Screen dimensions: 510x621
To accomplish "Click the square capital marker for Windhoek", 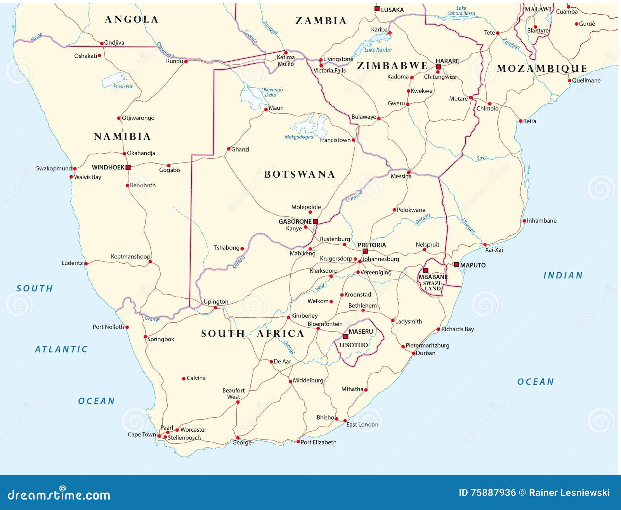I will point(128,168).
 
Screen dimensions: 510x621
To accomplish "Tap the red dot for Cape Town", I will point(159,436).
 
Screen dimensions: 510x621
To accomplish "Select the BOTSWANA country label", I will point(299,175).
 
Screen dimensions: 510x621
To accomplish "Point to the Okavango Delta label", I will point(272,92).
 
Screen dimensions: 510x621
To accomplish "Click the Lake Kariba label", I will point(378,50).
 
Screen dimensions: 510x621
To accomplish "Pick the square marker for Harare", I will point(438,67).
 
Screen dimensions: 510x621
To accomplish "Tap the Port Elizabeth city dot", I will point(298,442).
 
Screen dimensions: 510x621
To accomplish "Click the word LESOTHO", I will point(353,345).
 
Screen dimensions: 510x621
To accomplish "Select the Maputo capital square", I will point(456,265).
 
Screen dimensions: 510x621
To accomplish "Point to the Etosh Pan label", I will point(123,86).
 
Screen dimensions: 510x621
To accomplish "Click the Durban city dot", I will point(413,353).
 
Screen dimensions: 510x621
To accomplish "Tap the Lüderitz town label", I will point(72,263).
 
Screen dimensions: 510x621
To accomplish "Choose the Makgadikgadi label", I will point(299,137).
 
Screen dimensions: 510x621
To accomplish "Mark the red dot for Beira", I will point(521,121).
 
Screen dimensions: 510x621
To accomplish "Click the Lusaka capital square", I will point(376,9).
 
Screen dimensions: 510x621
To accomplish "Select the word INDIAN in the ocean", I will point(563,275).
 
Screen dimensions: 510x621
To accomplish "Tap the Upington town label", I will point(216,301).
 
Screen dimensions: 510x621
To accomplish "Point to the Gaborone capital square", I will point(316,221).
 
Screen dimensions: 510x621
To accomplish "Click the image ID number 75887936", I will point(493,493).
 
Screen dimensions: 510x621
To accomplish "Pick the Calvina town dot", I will point(184,379).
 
